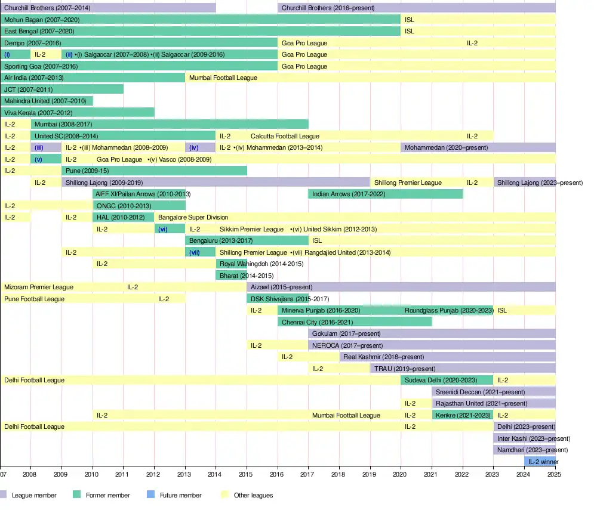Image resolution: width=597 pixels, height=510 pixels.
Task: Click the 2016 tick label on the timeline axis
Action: pos(278,474)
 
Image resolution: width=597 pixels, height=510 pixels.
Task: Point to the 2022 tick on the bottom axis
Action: pos(462,474)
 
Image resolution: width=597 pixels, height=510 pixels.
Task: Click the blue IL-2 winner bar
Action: pos(539,462)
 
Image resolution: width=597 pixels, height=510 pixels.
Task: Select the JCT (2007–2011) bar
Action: pos(61,89)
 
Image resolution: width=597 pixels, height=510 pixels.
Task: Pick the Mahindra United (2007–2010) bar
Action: pos(46,101)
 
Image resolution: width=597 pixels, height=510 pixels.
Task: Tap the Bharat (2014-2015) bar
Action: pos(231,276)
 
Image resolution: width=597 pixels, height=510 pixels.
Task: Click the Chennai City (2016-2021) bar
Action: pos(355,322)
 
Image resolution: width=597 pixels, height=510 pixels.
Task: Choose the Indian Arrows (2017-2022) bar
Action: pos(386,194)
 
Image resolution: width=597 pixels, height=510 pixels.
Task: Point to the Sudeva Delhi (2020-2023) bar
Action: pos(447,380)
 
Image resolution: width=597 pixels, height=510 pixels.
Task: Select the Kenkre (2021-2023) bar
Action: pos(462,415)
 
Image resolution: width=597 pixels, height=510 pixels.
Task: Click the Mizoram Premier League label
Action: pos(39,288)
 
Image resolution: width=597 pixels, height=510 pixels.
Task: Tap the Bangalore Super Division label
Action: pos(193,217)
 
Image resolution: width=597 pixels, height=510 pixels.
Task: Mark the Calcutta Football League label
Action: pos(285,136)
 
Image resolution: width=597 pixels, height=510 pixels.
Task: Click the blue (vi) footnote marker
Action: pos(163,229)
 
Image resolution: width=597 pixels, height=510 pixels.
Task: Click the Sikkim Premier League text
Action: pos(251,229)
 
